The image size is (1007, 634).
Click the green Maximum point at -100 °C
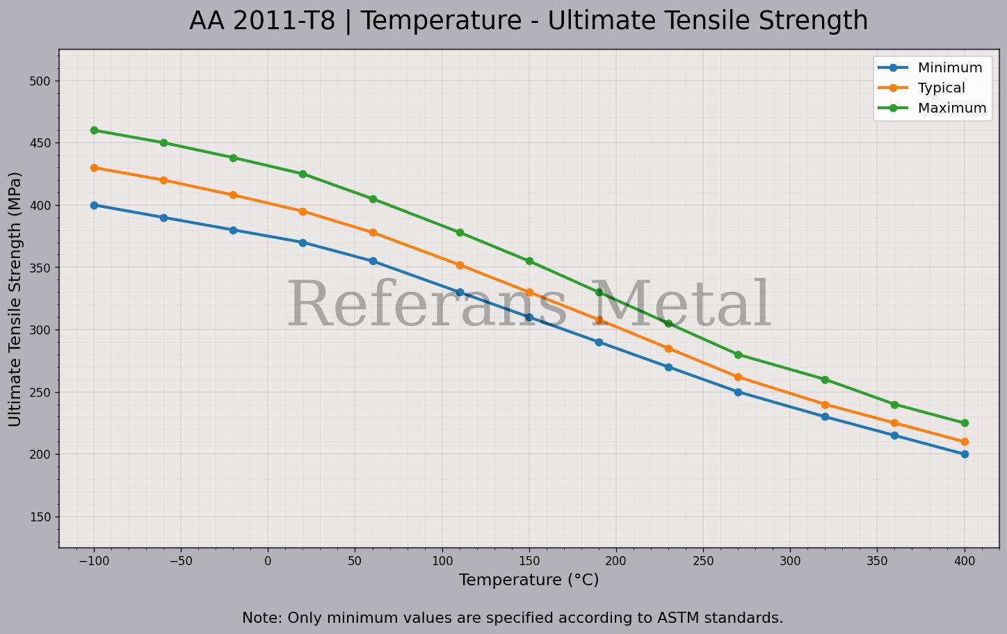pyautogui.click(x=94, y=131)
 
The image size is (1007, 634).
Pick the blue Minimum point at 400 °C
pyautogui.click(x=965, y=454)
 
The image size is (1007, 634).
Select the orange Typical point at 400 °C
pyautogui.click(x=965, y=442)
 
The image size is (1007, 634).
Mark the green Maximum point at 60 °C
pyautogui.click(x=373, y=199)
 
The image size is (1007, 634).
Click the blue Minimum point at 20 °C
pyautogui.click(x=303, y=243)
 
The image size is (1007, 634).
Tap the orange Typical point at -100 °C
pyautogui.click(x=94, y=168)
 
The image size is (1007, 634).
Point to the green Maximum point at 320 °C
pyautogui.click(x=825, y=380)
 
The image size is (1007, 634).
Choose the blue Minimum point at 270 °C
pyautogui.click(x=738, y=392)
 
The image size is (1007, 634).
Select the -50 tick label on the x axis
pyautogui.click(x=181, y=561)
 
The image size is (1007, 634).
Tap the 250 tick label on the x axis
pyautogui.click(x=703, y=561)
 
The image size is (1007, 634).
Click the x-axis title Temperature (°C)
pyautogui.click(x=529, y=580)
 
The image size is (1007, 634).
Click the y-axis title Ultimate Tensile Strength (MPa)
pyautogui.click(x=15, y=299)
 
